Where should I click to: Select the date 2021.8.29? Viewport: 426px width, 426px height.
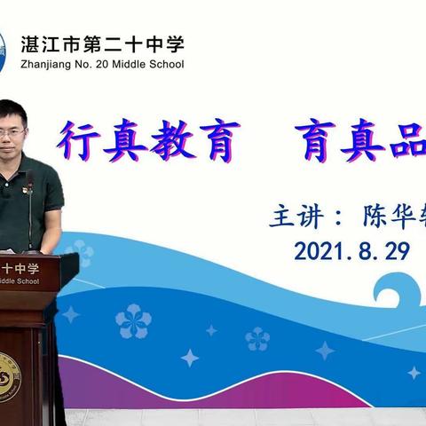click(351, 252)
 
